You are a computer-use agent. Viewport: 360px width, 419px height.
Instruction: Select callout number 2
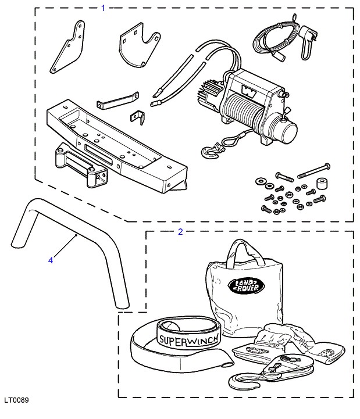[180, 232]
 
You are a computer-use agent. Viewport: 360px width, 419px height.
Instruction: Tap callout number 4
[51, 260]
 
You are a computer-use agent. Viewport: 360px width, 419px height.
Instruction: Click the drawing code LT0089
[15, 400]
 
